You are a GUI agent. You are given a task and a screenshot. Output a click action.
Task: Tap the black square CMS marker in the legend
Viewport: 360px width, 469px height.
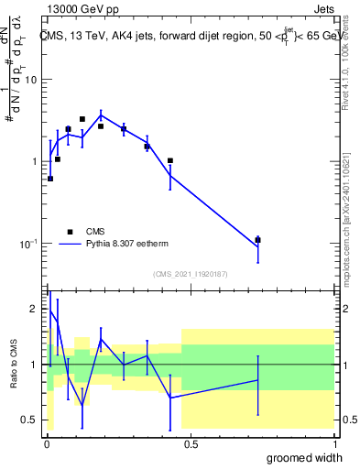coord(71,232)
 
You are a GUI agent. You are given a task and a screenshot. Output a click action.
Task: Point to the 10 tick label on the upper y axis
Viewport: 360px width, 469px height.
coord(30,80)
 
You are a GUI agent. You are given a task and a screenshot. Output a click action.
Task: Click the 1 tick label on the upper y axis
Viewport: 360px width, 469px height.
coord(34,161)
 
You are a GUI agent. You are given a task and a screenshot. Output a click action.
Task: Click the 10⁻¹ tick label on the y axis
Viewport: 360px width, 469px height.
coord(28,244)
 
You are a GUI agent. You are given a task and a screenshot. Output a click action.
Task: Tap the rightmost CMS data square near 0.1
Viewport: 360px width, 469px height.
coord(257,240)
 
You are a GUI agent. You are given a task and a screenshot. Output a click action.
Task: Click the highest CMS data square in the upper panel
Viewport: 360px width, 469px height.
coord(82,119)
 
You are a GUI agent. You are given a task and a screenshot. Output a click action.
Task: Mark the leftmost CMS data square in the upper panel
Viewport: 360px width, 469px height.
coord(50,179)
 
